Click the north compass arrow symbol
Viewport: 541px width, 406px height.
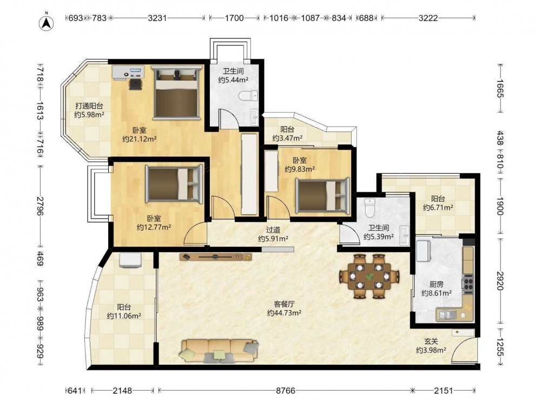pos(46,23)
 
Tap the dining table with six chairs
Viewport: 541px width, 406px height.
pos(370,276)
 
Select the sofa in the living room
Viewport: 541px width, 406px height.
pos(219,351)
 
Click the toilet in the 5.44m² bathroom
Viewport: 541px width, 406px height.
pos(248,95)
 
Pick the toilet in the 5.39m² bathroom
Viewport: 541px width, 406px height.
pos(370,208)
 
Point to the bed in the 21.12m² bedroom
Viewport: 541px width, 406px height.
pos(176,93)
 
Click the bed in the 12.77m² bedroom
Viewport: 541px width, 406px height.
pos(174,184)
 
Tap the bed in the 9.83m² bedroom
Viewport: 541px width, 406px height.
pos(322,194)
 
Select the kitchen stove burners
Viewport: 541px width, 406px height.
pos(468,284)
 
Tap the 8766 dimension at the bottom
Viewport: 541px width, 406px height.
pos(286,391)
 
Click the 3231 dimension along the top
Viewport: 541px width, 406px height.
pos(157,18)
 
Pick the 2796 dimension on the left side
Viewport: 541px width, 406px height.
pos(41,206)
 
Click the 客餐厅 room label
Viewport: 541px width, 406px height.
pos(285,304)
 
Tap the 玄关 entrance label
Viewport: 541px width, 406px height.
pos(431,342)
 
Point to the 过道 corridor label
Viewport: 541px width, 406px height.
pos(273,230)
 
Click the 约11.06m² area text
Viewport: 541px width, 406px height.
pos(124,316)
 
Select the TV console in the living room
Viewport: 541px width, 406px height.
pos(216,257)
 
